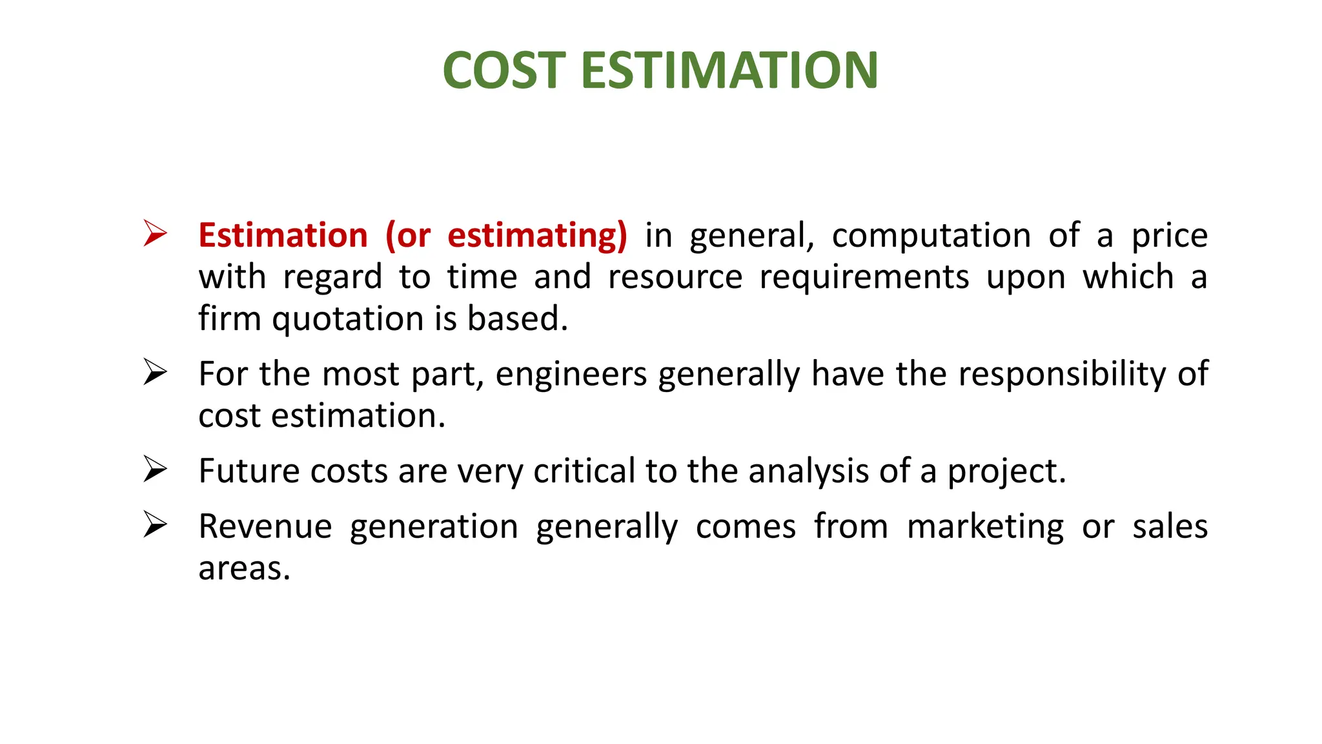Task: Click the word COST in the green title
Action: click(504, 70)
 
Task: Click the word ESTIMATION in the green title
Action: click(729, 70)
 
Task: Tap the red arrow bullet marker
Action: click(155, 233)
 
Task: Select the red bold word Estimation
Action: click(283, 235)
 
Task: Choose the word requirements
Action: click(864, 278)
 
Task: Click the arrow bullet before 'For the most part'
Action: click(155, 372)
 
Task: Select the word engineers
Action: click(571, 375)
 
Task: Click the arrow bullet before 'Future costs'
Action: click(155, 469)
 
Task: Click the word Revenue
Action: click(265, 526)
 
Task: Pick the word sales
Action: click(1170, 526)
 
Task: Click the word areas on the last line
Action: click(243, 569)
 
